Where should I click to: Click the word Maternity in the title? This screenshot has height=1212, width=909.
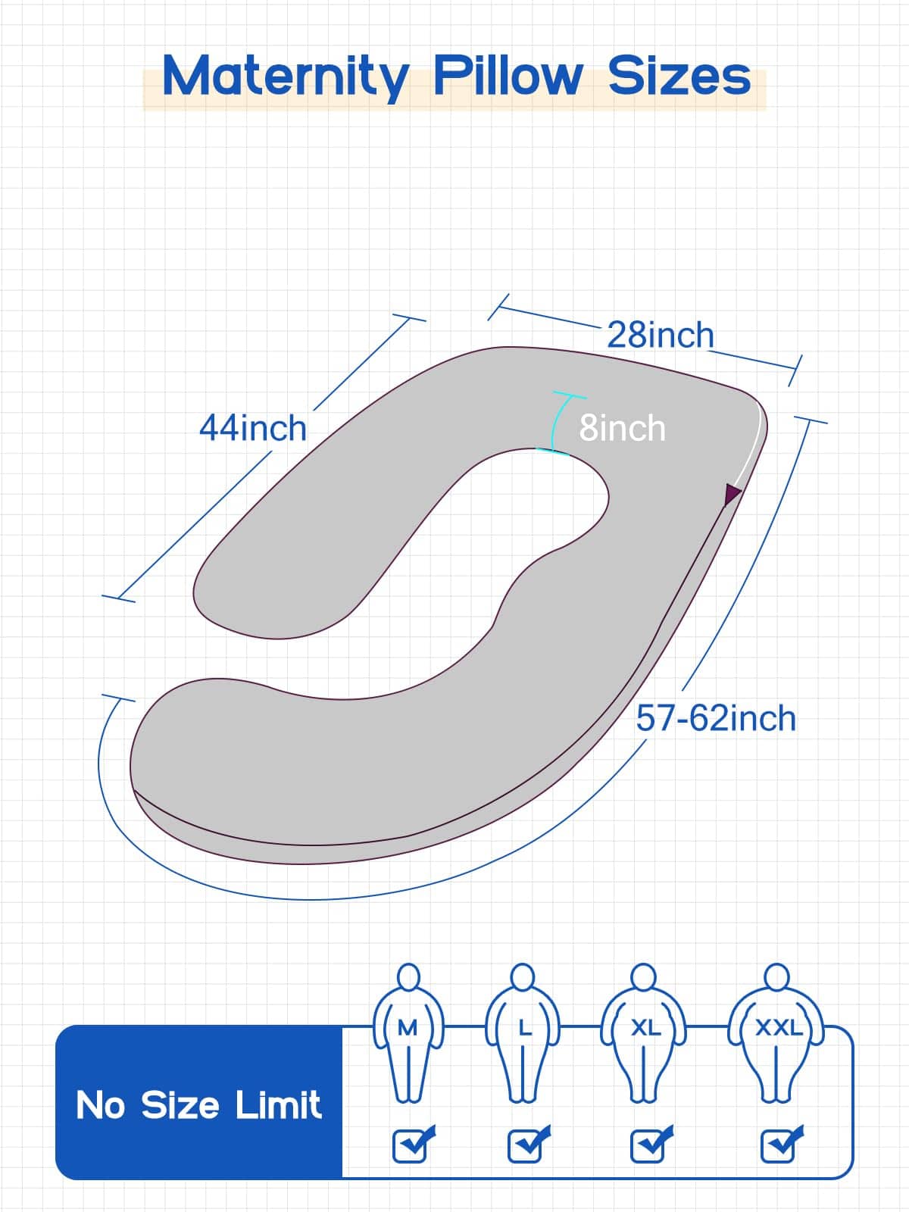coord(286,77)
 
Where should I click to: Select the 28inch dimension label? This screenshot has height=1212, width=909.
coord(660,335)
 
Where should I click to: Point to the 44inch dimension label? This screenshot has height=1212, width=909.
coord(253,428)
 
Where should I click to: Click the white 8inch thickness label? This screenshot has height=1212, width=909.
coord(622,428)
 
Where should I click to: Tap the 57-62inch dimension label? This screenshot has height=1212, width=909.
coord(716,718)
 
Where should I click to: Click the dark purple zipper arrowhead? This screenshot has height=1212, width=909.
coord(733,494)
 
